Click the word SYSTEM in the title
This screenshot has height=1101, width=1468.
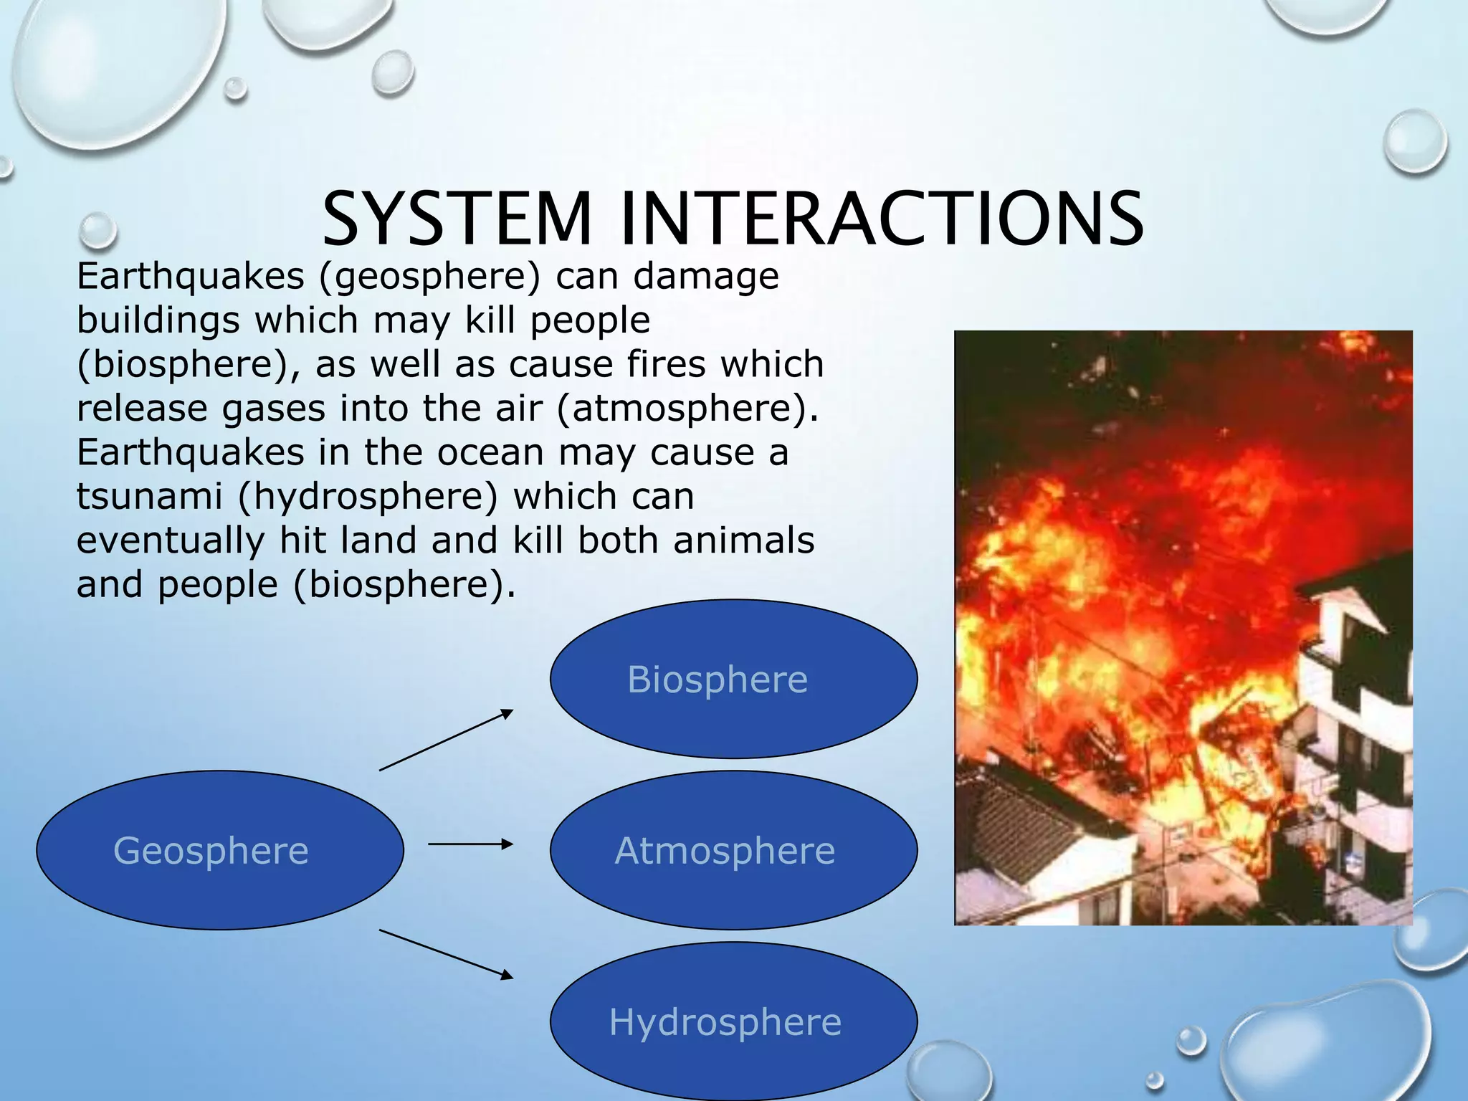(457, 219)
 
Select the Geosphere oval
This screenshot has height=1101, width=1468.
(219, 850)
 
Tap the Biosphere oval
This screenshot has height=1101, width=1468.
(733, 679)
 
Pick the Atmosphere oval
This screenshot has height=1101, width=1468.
(733, 850)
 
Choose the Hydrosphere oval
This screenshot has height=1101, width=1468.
(733, 1021)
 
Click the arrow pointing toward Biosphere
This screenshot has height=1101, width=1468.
(446, 740)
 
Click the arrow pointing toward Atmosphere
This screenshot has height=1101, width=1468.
(470, 844)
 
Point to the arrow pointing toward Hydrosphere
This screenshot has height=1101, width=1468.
(446, 953)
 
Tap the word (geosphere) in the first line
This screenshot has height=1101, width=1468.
(429, 277)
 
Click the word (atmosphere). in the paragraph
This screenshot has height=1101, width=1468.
(687, 409)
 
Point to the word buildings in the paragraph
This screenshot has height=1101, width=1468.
(158, 320)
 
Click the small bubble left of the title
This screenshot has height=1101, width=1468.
(97, 229)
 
